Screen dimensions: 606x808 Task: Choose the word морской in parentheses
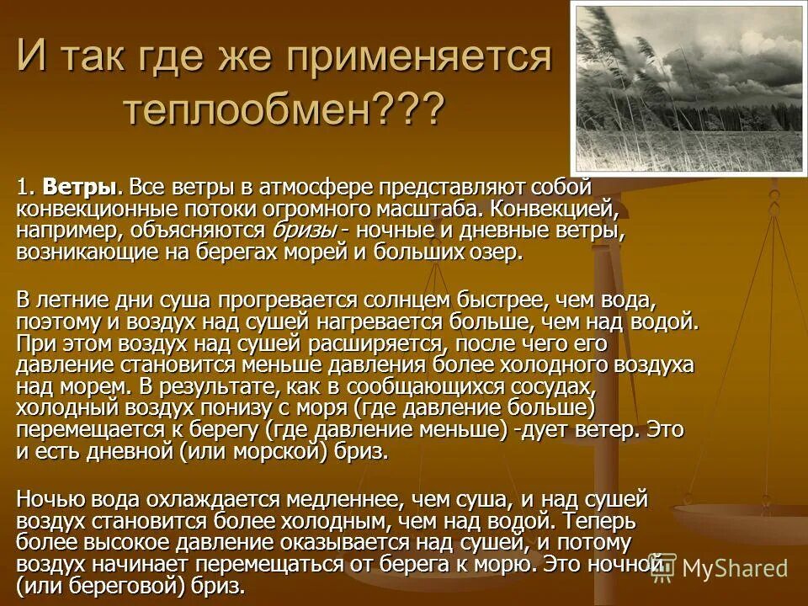279,452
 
